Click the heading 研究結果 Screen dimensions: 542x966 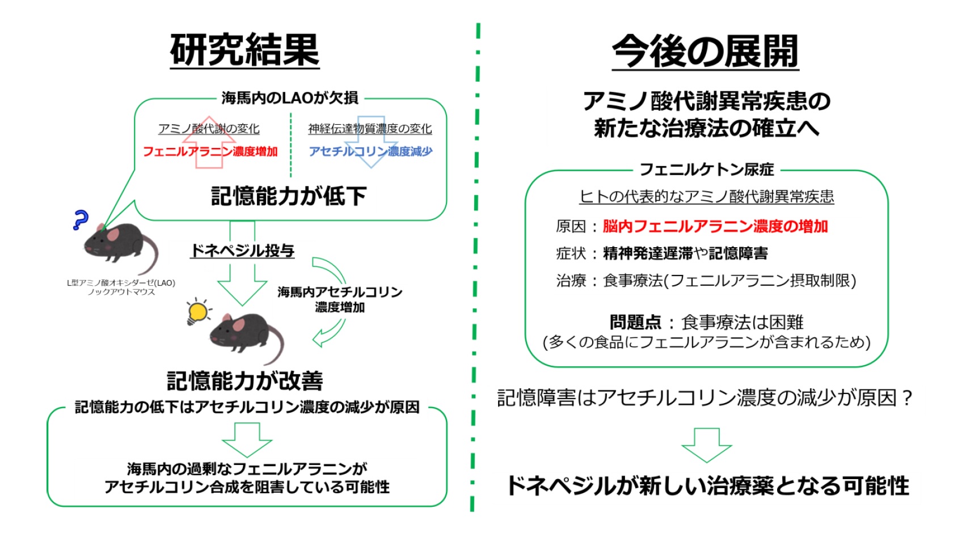(x=244, y=50)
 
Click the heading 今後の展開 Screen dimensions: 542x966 (x=705, y=52)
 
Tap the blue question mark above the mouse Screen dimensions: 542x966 (x=81, y=219)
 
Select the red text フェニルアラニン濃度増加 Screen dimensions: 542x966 (x=210, y=151)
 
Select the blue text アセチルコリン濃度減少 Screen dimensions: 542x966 (x=370, y=151)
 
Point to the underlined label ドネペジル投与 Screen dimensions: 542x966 (x=242, y=251)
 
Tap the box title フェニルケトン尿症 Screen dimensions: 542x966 (x=706, y=170)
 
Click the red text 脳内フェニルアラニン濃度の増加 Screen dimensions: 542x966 (x=715, y=226)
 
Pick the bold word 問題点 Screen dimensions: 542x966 (x=635, y=323)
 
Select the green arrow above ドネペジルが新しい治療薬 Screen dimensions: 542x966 (x=706, y=444)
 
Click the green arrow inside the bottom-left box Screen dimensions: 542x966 (x=246, y=439)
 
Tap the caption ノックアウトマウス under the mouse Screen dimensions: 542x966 (x=121, y=292)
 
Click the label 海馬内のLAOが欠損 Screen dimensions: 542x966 (x=290, y=98)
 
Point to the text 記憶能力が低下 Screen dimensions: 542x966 (x=289, y=196)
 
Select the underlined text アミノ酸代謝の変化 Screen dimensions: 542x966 (x=209, y=129)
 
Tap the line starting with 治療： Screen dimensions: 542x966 (x=706, y=281)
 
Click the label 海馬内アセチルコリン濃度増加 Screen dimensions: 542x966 (x=340, y=299)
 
